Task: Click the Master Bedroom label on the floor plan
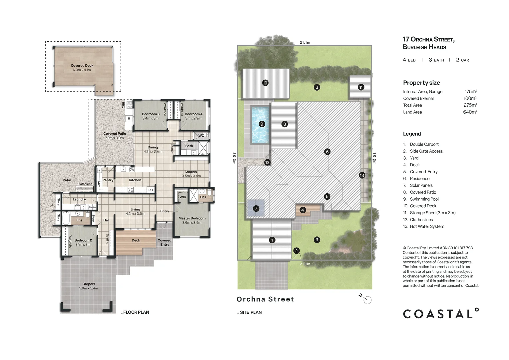click(192, 218)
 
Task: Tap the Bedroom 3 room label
click(151, 114)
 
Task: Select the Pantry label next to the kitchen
click(108, 180)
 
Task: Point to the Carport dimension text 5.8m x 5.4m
click(89, 288)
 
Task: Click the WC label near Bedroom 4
click(201, 136)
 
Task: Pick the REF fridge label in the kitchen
click(151, 190)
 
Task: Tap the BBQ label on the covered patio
click(123, 105)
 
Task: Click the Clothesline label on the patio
click(85, 184)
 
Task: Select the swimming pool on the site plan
click(260, 125)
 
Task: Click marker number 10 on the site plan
click(265, 83)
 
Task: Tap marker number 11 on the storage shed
click(361, 87)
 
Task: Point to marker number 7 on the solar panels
click(256, 208)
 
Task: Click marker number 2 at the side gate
click(296, 251)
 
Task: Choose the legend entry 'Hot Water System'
click(427, 227)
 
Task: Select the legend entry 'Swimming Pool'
click(424, 199)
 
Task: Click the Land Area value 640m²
click(470, 112)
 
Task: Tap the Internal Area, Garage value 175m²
click(471, 91)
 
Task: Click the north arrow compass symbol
click(366, 299)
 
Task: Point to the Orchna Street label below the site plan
click(265, 299)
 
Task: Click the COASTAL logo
click(441, 313)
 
